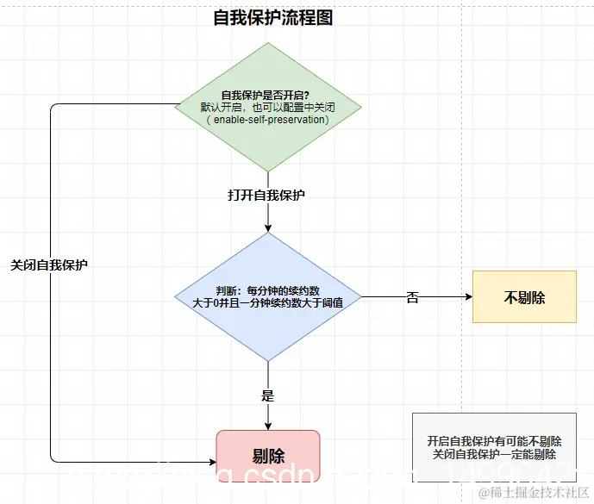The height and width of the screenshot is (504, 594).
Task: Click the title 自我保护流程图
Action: pyautogui.click(x=272, y=17)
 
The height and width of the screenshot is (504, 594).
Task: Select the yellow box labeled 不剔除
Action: pyautogui.click(x=524, y=297)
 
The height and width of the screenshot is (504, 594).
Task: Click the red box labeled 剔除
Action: pyautogui.click(x=268, y=456)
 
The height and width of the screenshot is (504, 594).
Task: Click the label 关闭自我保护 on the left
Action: pyautogui.click(x=49, y=265)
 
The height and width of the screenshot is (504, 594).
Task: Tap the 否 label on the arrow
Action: pyautogui.click(x=412, y=298)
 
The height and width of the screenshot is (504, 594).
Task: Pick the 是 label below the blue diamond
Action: pyautogui.click(x=267, y=396)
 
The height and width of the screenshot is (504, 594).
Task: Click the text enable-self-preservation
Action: pyautogui.click(x=270, y=120)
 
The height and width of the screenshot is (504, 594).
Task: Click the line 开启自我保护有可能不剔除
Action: pyautogui.click(x=494, y=440)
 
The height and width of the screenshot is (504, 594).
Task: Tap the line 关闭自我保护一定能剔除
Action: pyautogui.click(x=494, y=454)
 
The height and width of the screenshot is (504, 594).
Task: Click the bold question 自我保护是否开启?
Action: pyautogui.click(x=266, y=95)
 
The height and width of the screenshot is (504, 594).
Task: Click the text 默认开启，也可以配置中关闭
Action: pyautogui.click(x=268, y=108)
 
